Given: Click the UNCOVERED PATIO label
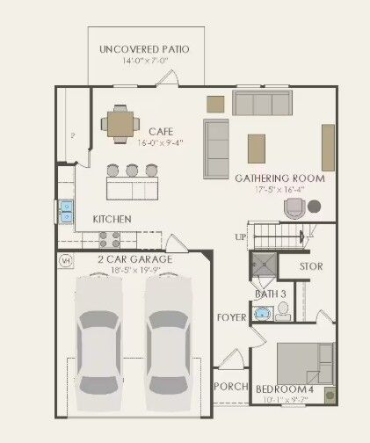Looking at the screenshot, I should pyautogui.click(x=144, y=49).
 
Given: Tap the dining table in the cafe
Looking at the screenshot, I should pyautogui.click(x=118, y=123).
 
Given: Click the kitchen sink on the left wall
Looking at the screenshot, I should pyautogui.click(x=66, y=209).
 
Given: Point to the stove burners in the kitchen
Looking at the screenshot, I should pyautogui.click(x=109, y=237).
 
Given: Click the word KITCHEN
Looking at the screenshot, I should pyautogui.click(x=112, y=219).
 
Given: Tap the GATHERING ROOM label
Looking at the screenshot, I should pyautogui.click(x=279, y=178).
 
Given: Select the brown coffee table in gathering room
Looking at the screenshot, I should pyautogui.click(x=256, y=144).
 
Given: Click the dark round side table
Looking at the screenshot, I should pyautogui.click(x=314, y=207).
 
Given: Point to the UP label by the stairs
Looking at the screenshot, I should pyautogui.click(x=240, y=237).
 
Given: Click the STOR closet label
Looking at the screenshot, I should pyautogui.click(x=312, y=265).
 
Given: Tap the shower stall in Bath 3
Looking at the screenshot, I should pyautogui.click(x=263, y=264).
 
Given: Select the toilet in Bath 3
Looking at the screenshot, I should pyautogui.click(x=283, y=310).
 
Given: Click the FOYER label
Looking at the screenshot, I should pyautogui.click(x=230, y=317).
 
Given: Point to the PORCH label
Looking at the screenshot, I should pyautogui.click(x=229, y=386).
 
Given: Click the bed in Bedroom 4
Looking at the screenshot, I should pyautogui.click(x=304, y=360).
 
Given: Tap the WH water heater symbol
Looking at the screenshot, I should pyautogui.click(x=65, y=260).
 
